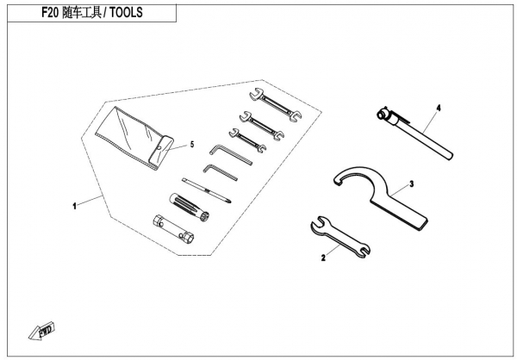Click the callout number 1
[x=74, y=207]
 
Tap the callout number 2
[x=323, y=258]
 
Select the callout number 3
[x=412, y=184]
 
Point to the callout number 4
[x=439, y=108]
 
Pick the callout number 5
[x=192, y=145]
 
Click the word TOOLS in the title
[x=127, y=13]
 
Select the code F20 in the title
[x=50, y=13]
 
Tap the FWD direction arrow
[x=41, y=331]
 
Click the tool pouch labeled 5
[x=134, y=138]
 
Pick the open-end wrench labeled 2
[x=340, y=236]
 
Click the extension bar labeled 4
[x=414, y=133]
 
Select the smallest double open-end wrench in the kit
[x=247, y=140]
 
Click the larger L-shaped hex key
[x=231, y=154]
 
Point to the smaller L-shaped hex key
[x=220, y=172]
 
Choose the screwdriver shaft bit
[x=207, y=190]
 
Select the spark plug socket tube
[x=173, y=230]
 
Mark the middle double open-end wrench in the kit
[x=262, y=125]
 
